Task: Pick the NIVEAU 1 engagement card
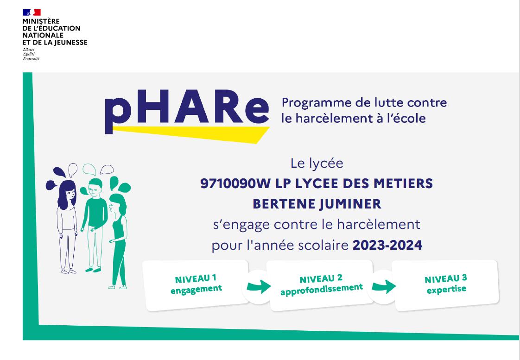coord(196,284)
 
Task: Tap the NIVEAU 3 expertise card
coord(446,284)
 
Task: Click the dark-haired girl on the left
coord(65,222)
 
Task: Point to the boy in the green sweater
coord(94,218)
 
